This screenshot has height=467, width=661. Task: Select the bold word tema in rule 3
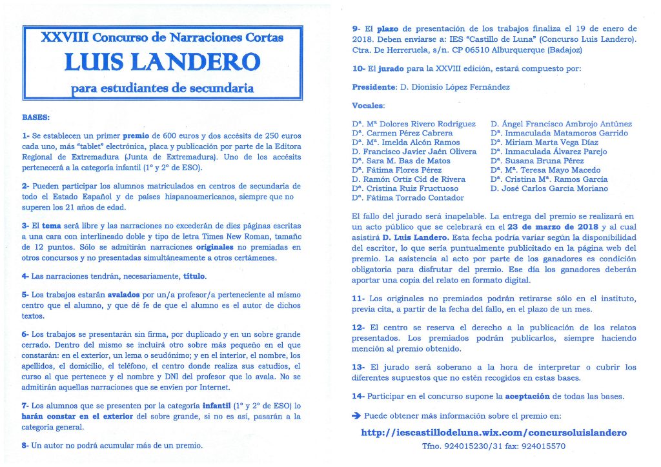[51, 226]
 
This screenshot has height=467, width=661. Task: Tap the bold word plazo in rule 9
[388, 28]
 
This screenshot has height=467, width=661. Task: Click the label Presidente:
[375, 87]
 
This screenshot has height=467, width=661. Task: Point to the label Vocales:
[369, 105]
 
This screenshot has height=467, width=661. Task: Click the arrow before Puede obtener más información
[356, 416]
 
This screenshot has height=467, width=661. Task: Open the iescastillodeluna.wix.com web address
[494, 432]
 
